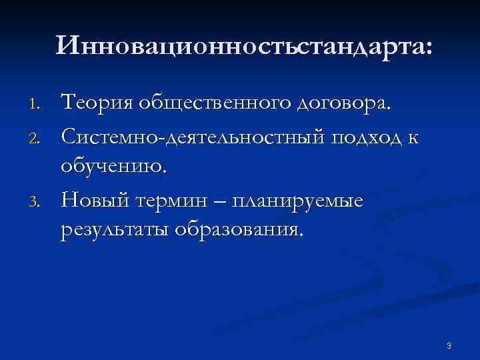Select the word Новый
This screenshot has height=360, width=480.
pos(93,198)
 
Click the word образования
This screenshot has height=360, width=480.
pos(237,230)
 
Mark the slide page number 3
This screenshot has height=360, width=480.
pos(449,345)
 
